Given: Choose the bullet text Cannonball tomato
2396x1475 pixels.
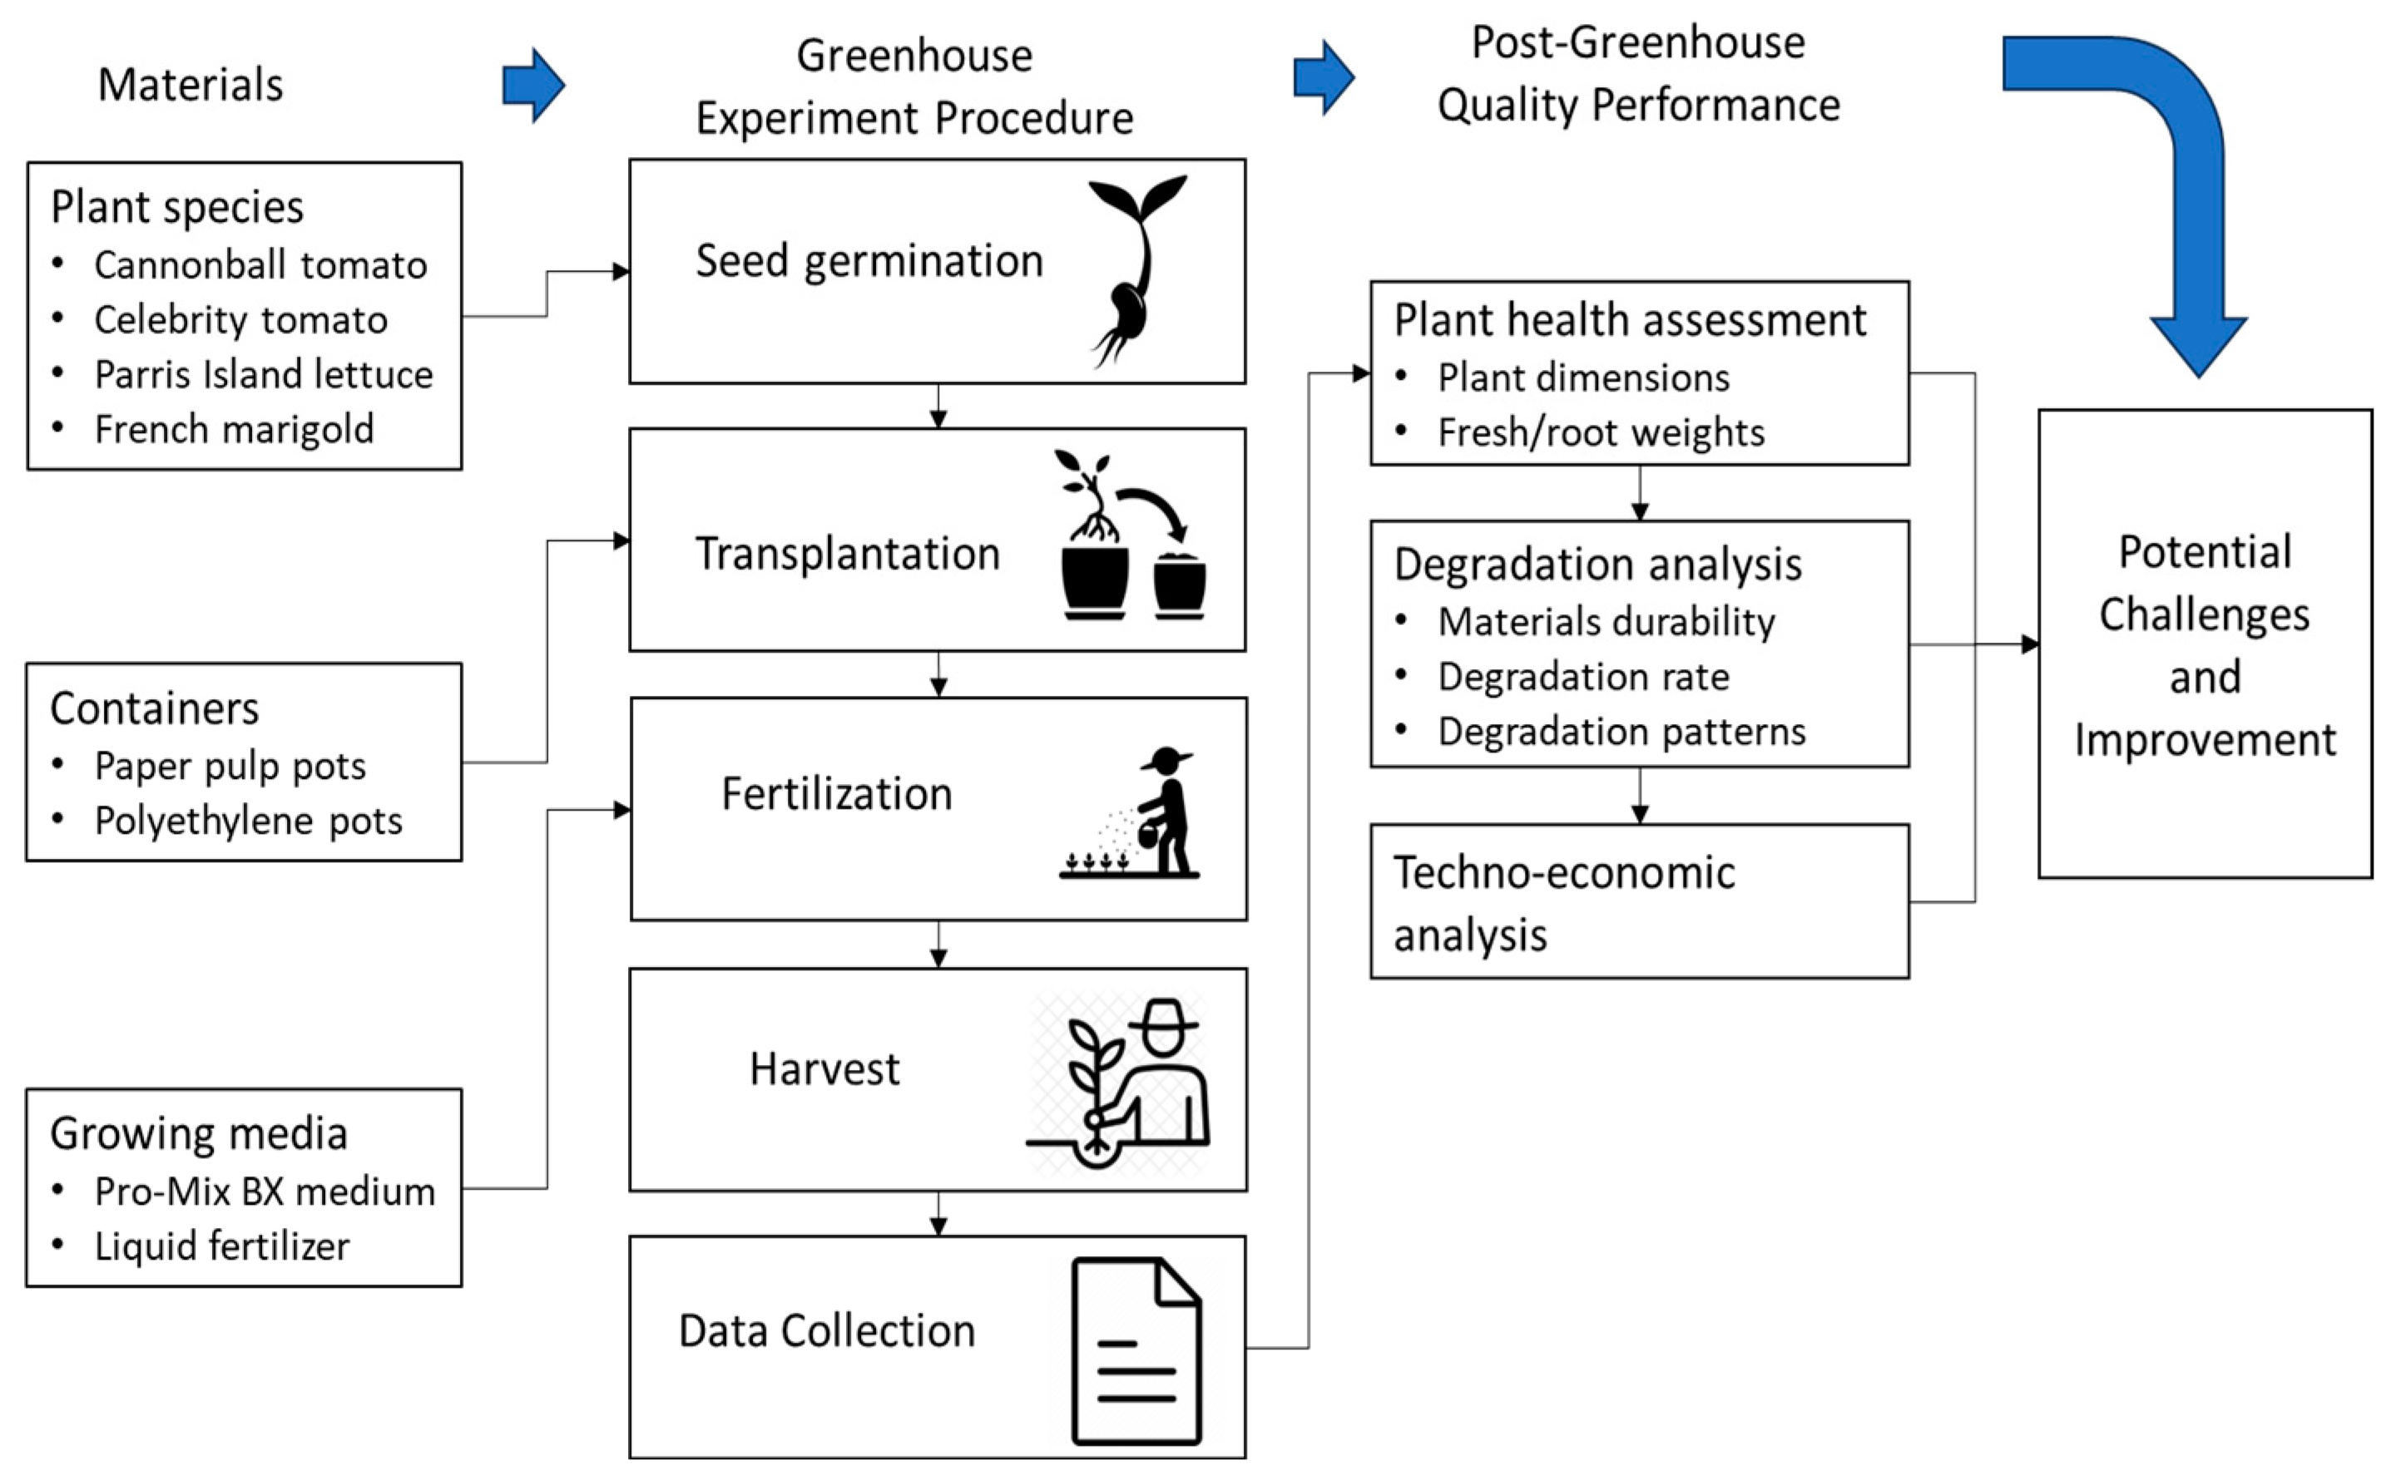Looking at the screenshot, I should [260, 265].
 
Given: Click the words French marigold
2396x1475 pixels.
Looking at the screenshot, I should [235, 429].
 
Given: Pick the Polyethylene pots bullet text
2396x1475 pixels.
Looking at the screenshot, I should [248, 821].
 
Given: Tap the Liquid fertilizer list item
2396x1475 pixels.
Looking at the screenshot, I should [221, 1246].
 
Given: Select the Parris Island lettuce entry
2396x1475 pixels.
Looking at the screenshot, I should [264, 375].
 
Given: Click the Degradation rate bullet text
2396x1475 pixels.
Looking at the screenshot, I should [1583, 677].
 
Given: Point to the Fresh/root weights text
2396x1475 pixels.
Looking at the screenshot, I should [1601, 433].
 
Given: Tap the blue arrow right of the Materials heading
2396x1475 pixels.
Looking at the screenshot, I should [533, 86].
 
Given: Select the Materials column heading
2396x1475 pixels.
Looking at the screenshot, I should [191, 85].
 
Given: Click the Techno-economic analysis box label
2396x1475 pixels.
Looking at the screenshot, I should [1563, 903].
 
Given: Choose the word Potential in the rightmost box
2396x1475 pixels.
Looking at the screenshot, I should [2205, 552].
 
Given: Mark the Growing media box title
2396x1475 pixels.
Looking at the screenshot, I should [198, 1133].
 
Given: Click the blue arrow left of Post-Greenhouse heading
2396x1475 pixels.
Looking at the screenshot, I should [1324, 78].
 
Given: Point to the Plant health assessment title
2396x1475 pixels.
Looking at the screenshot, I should [1630, 320].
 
